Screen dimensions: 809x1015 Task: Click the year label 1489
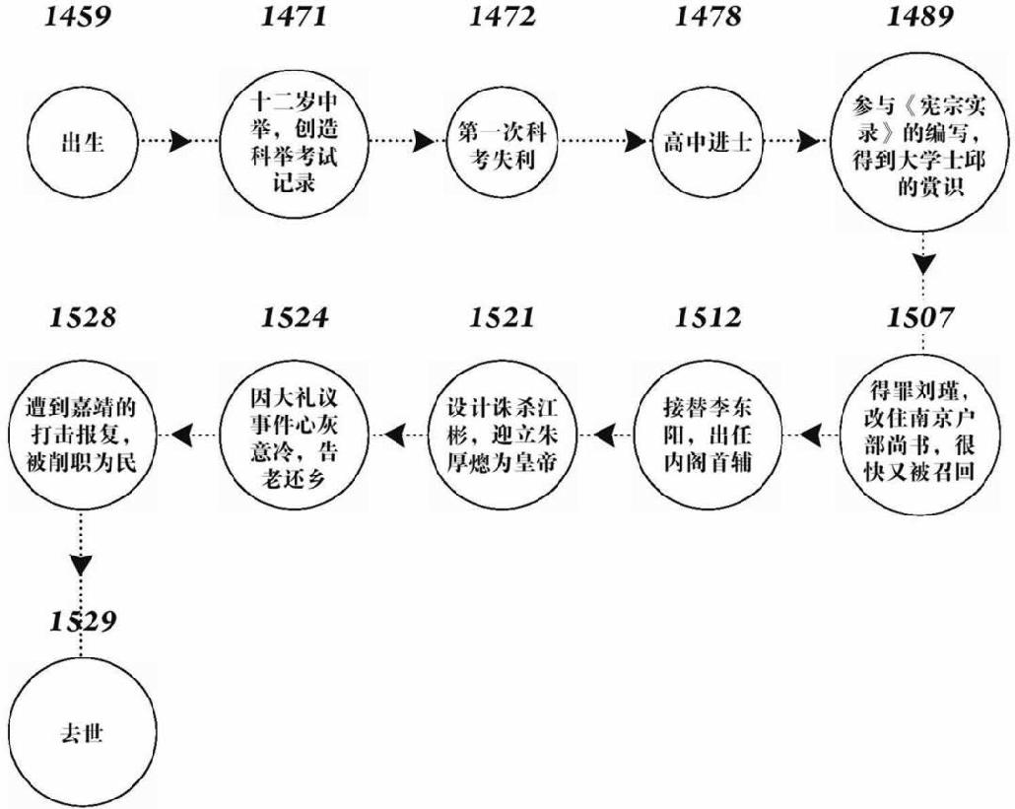coord(921,18)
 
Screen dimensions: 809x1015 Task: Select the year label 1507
coord(921,317)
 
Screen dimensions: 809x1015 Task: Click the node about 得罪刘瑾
coord(921,434)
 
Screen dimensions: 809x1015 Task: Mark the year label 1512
coord(708,317)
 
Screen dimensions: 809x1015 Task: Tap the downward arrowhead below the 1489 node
coord(921,263)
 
